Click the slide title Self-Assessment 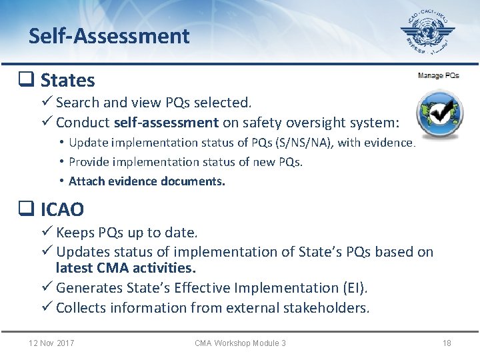coord(109,36)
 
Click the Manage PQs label coord(438,75)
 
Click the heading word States coord(67,81)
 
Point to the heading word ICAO coord(62,210)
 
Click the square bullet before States coord(26,81)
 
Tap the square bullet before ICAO coord(26,210)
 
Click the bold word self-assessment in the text coord(166,123)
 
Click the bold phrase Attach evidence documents coord(147,181)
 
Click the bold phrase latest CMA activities coord(125,268)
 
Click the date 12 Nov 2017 coord(51,343)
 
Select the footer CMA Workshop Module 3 coord(240,343)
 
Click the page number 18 coord(447,343)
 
